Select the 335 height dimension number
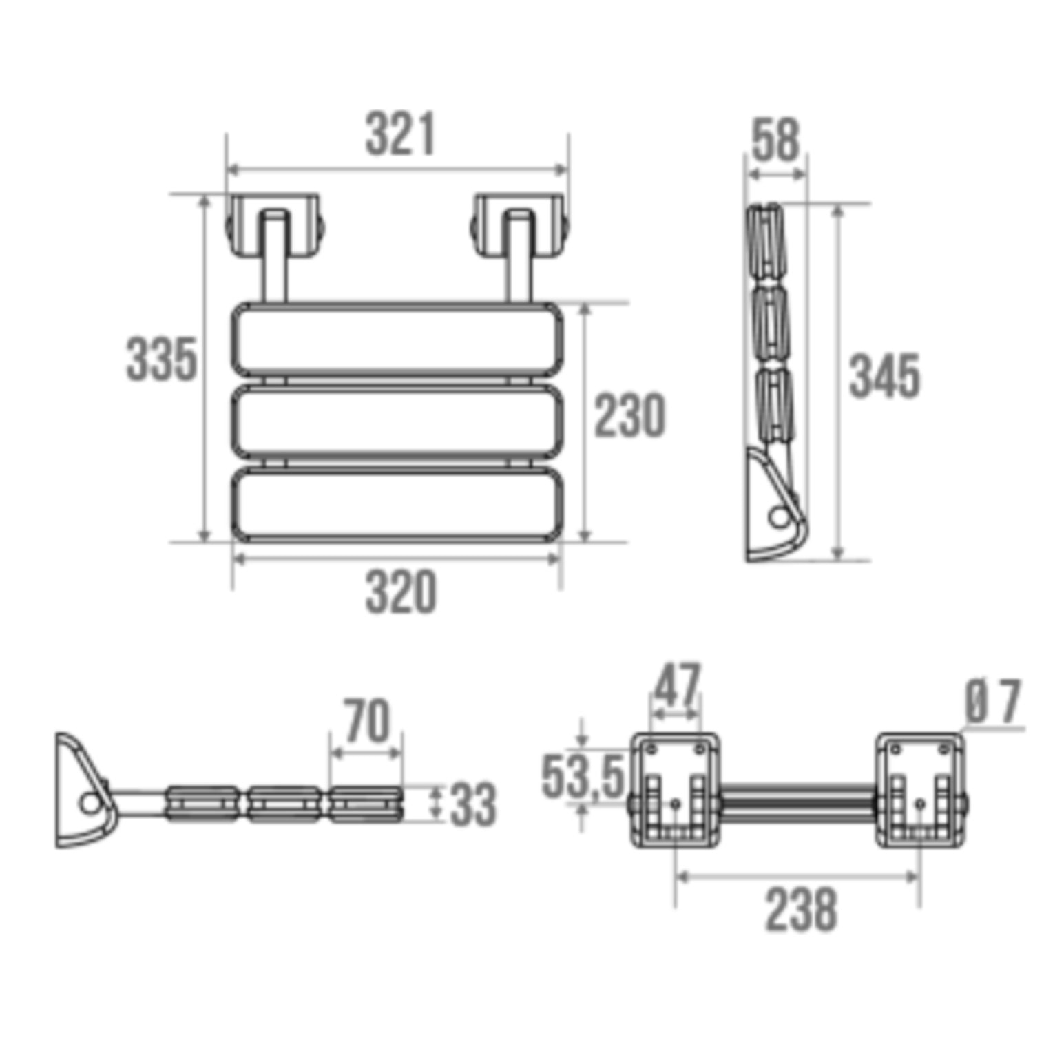pyautogui.click(x=161, y=359)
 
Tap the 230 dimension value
pyautogui.click(x=629, y=415)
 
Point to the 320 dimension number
pyautogui.click(x=401, y=592)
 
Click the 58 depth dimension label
pyautogui.click(x=775, y=140)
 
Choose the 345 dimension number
pyautogui.click(x=884, y=377)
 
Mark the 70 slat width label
pyautogui.click(x=366, y=720)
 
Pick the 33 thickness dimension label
pyautogui.click(x=472, y=804)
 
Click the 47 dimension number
pyautogui.click(x=676, y=685)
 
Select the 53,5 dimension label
pyautogui.click(x=583, y=776)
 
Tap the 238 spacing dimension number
pyautogui.click(x=801, y=910)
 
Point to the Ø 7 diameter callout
pyautogui.click(x=992, y=702)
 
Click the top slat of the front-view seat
pyautogui.click(x=397, y=340)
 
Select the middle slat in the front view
pyautogui.click(x=397, y=421)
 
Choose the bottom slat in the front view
pyautogui.click(x=397, y=504)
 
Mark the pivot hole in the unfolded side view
pyautogui.click(x=89, y=802)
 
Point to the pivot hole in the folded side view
pyautogui.click(x=779, y=516)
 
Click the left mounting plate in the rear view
pyautogui.click(x=676, y=789)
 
